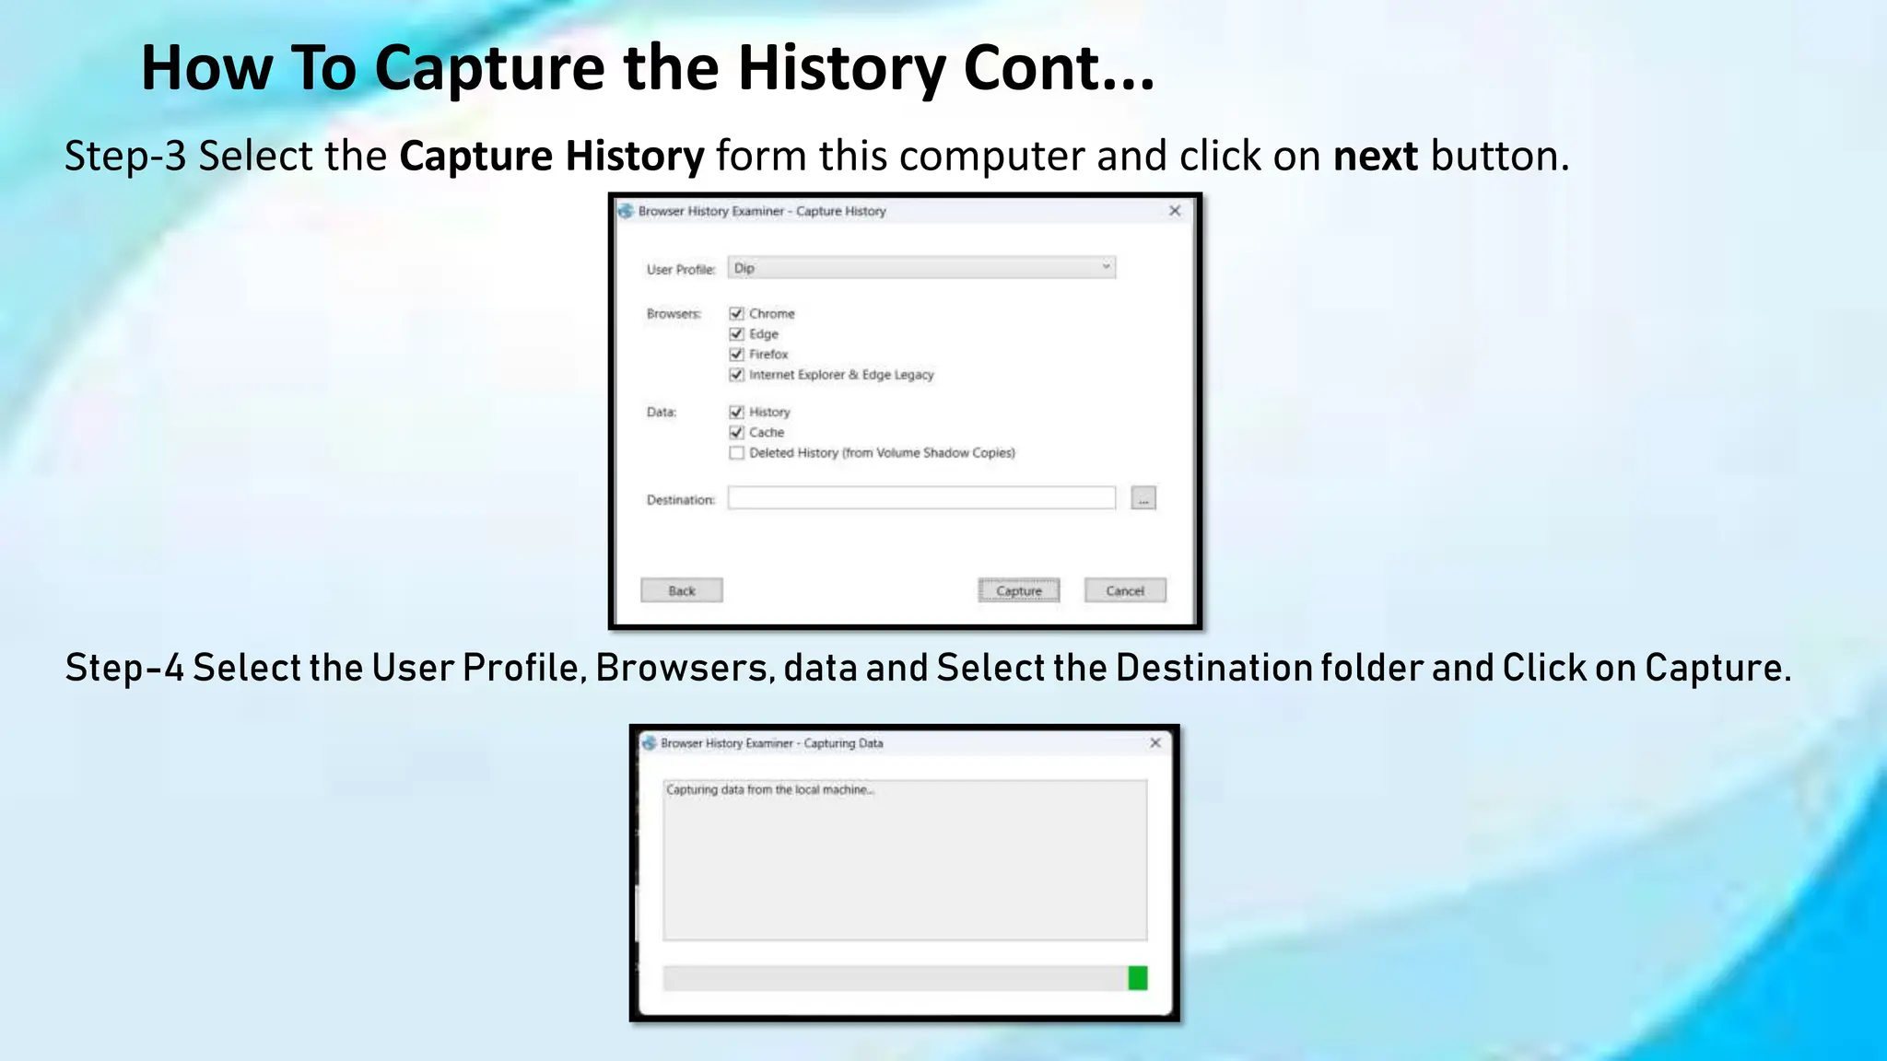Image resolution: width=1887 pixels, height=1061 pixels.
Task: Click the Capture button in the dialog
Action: pos(1018,590)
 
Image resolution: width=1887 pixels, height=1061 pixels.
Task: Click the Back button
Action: pos(682,590)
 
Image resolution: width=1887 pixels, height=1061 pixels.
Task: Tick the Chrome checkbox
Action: pos(736,314)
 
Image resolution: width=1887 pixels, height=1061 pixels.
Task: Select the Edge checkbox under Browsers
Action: pos(736,334)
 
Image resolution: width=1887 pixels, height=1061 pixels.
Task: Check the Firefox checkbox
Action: pos(736,355)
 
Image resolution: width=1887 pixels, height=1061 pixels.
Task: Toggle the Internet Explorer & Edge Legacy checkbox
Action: pos(736,375)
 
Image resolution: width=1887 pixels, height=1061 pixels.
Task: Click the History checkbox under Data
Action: pos(736,413)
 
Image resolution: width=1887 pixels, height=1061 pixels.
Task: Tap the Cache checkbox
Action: pos(736,433)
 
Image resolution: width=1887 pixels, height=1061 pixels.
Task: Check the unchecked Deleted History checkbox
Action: pos(736,453)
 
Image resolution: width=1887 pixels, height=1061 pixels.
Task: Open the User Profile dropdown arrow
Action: pos(1106,267)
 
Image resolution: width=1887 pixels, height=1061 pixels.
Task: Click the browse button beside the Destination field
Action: pos(1143,498)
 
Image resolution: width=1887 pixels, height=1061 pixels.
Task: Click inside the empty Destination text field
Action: pos(921,498)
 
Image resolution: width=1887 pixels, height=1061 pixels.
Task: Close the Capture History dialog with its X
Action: pos(1175,211)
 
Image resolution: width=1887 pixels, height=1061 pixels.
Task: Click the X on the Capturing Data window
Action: pos(1155,742)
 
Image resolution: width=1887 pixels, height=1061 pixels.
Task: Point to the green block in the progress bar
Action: pos(1138,978)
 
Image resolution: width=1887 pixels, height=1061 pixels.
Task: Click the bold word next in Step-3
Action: pos(1376,157)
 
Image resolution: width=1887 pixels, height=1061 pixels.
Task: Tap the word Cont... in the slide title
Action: pos(1059,68)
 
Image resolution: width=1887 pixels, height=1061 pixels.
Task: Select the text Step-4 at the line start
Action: pos(123,668)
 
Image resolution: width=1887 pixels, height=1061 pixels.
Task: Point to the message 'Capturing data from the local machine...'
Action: pos(769,790)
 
